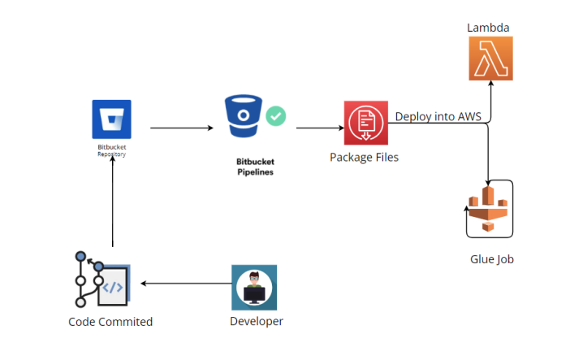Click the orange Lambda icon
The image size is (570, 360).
(490, 59)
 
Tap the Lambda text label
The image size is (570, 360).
(488, 28)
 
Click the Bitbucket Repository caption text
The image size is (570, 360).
(112, 150)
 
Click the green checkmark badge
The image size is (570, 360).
(276, 117)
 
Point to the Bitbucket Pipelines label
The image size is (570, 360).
(250, 167)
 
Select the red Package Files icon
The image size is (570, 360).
(365, 123)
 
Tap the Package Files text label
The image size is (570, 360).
(364, 157)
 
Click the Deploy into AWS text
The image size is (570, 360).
(438, 117)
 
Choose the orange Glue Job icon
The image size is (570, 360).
(490, 209)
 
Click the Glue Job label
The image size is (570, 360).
(492, 259)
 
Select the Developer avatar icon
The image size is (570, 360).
(253, 287)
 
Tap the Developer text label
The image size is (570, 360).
(257, 322)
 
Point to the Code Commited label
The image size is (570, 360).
(110, 322)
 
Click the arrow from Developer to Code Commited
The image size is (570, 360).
(185, 284)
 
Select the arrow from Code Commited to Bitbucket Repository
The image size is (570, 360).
(112, 203)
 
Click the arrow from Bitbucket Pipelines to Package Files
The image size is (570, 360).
(319, 128)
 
